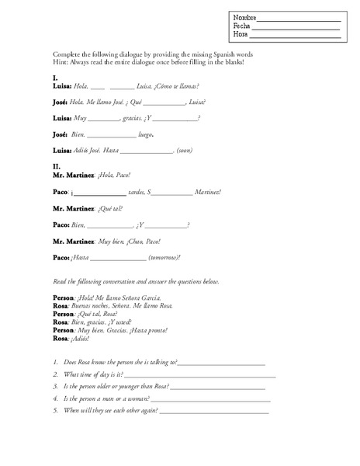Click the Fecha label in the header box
[x=241, y=26]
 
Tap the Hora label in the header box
[x=240, y=35]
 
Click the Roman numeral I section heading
[x=54, y=78]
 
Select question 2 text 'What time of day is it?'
[x=94, y=374]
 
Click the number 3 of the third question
[x=56, y=386]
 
